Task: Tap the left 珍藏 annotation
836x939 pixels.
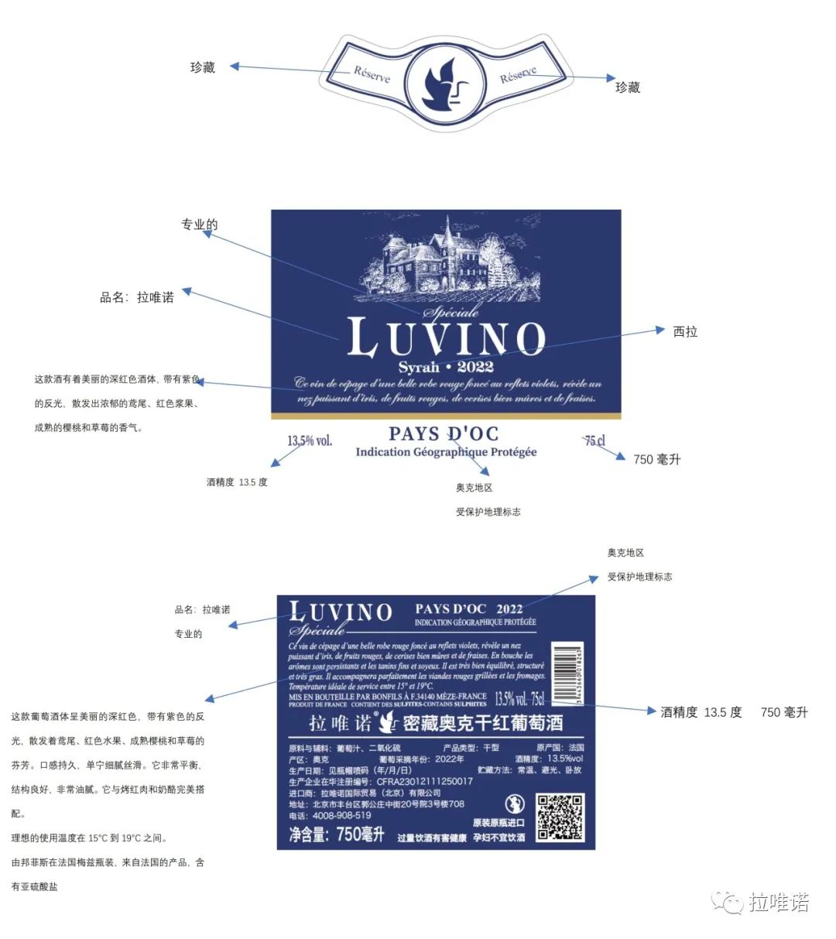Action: click(203, 67)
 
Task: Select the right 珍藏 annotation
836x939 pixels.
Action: click(628, 87)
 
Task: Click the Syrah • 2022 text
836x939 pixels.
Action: click(446, 367)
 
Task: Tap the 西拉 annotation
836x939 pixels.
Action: click(685, 331)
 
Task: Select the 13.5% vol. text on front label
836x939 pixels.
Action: click(310, 440)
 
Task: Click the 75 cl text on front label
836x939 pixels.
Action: click(594, 440)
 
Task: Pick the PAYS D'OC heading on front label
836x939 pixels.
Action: click(444, 434)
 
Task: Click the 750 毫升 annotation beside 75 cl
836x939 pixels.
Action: click(656, 459)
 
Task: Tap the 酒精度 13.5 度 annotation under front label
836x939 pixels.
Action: click(237, 482)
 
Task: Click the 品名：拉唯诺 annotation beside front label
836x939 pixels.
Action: click(137, 297)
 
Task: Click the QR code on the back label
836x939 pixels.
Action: click(560, 817)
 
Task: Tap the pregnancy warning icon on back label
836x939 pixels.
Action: click(514, 803)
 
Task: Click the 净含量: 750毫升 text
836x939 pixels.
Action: click(337, 834)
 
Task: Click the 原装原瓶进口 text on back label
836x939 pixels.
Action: click(499, 822)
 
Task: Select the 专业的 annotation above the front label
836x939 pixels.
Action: click(199, 224)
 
